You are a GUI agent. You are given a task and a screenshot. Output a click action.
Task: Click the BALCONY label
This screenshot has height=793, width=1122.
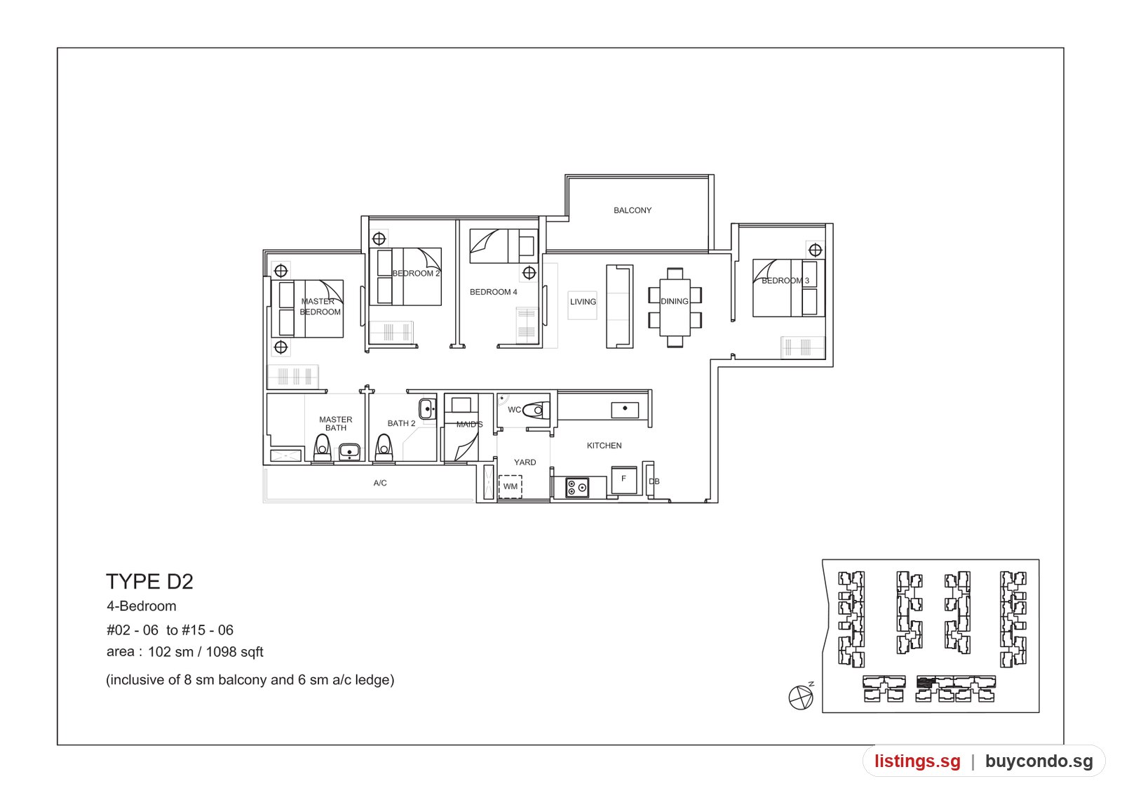pos(632,211)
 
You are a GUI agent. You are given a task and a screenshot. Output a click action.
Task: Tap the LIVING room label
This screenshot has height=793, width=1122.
pos(583,302)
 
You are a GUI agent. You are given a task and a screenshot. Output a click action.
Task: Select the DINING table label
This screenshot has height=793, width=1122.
pos(674,301)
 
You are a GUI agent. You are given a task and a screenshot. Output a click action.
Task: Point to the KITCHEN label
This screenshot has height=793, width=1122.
pos(604,446)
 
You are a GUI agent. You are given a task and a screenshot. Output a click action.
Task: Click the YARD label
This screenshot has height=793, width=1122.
pos(525,462)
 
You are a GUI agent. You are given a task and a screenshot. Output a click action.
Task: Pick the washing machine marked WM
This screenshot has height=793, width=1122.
pos(510,487)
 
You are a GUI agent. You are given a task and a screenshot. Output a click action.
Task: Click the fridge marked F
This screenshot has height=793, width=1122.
pos(623,480)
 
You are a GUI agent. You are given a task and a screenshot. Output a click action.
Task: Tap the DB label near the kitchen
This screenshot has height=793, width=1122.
pos(654,481)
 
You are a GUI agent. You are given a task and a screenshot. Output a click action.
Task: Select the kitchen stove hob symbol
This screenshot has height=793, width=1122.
pos(577,487)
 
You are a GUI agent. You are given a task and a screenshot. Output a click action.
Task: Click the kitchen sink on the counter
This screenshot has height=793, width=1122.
pos(625,410)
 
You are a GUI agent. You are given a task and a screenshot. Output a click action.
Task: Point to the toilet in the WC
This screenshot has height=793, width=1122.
pos(536,410)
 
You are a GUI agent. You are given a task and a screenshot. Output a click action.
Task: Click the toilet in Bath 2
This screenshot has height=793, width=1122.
pos(384,448)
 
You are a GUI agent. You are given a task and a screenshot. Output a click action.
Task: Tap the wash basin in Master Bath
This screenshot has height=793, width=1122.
pos(349,452)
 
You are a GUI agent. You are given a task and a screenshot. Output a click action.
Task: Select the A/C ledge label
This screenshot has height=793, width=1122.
pos(379,484)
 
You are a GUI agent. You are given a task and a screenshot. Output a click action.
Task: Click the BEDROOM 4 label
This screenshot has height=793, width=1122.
pos(493,292)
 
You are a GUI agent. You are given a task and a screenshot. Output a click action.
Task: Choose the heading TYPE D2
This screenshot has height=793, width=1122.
pos(149,582)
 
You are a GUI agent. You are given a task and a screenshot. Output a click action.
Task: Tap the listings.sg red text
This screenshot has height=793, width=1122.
pos(917,761)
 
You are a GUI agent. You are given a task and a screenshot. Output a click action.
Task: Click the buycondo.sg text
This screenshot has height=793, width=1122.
pos(1039,761)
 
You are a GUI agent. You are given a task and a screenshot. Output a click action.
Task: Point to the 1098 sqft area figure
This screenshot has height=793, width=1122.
pos(234,652)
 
